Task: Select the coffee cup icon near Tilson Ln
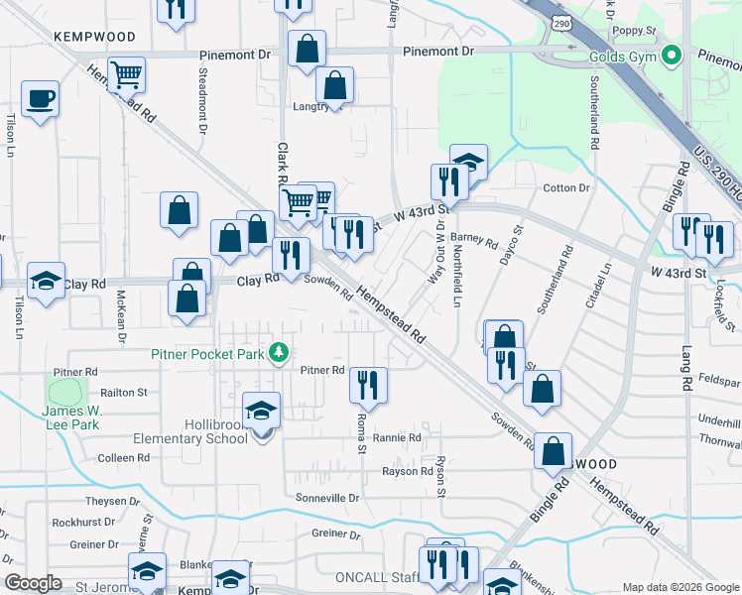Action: pyautogui.click(x=40, y=99)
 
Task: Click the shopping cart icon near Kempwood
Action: pyautogui.click(x=126, y=73)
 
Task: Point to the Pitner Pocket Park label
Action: pyautogui.click(x=209, y=353)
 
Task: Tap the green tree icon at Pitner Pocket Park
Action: pyautogui.click(x=280, y=352)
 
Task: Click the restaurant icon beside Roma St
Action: pyautogui.click(x=368, y=385)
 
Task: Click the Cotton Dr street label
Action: pyautogui.click(x=566, y=187)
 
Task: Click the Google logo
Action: pyautogui.click(x=34, y=583)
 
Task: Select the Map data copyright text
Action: pyautogui.click(x=680, y=587)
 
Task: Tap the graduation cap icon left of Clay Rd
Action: pyautogui.click(x=46, y=281)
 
